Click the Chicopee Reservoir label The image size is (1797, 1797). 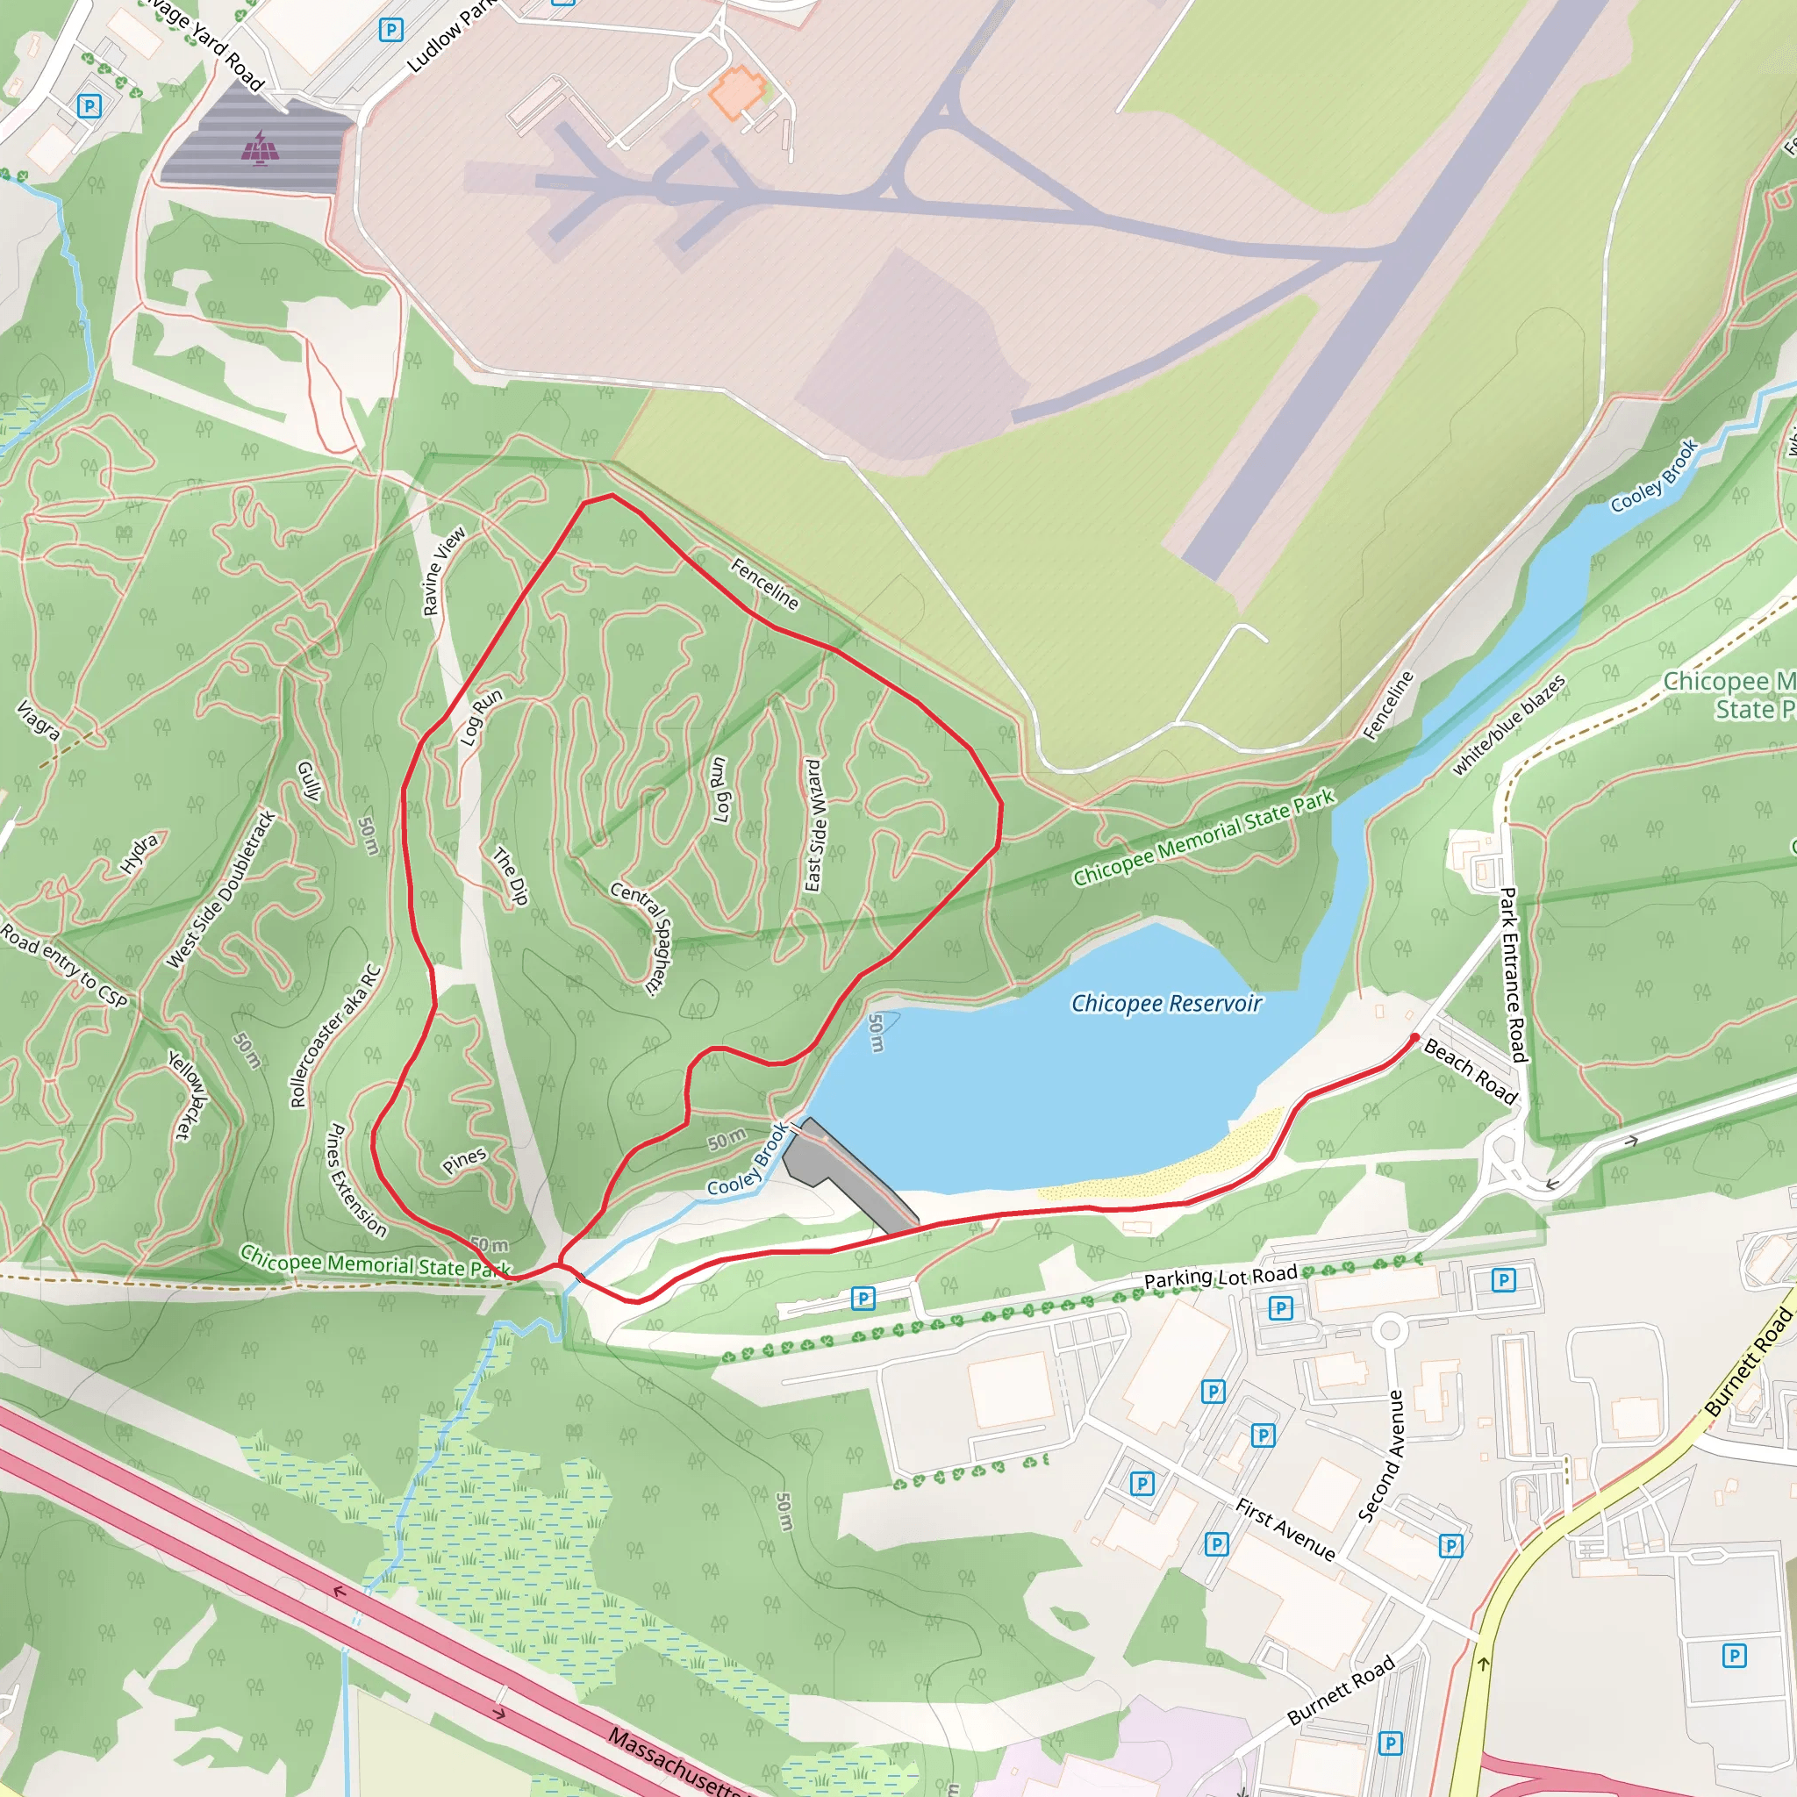pos(1166,1004)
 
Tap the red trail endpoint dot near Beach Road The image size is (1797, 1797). pos(1414,1037)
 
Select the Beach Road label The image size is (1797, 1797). pos(1470,1072)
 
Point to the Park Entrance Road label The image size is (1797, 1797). pos(1513,974)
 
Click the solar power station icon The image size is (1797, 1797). pos(261,147)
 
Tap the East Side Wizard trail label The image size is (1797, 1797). pos(814,825)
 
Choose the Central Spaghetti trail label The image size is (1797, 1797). pos(641,938)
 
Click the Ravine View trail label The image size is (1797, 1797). pos(444,571)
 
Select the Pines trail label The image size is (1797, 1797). pos(464,1160)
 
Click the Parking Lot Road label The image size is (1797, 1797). pos(1221,1277)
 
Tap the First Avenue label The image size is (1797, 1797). pos(1285,1529)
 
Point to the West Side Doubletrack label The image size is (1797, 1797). pos(221,889)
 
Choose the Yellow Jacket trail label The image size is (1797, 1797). pos(188,1095)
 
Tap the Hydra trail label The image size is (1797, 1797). pos(140,853)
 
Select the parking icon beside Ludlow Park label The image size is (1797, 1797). pos(390,31)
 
